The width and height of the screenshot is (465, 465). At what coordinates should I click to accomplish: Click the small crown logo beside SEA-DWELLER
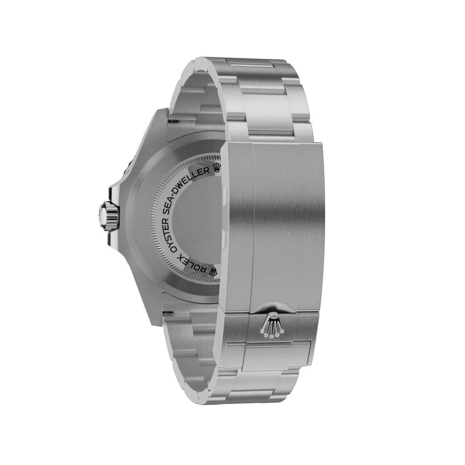[x=217, y=168]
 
